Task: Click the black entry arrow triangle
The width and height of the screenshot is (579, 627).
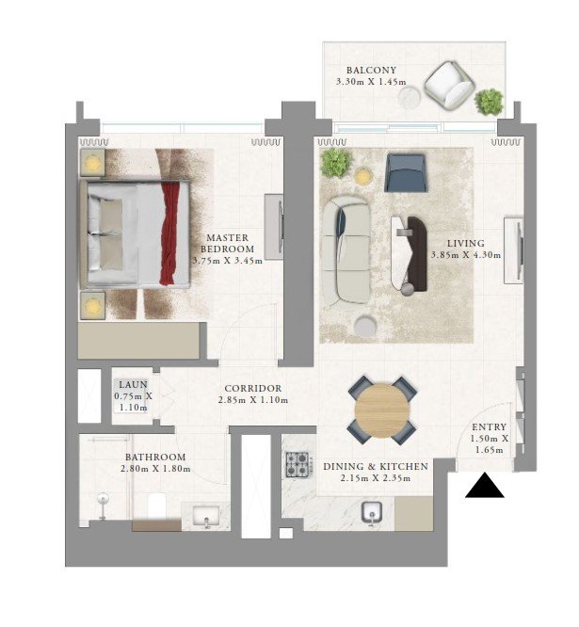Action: (x=485, y=486)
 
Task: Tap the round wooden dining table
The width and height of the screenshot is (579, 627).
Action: (x=382, y=410)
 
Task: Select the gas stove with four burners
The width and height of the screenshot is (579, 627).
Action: (x=298, y=464)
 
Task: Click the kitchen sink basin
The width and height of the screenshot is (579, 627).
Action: (x=372, y=512)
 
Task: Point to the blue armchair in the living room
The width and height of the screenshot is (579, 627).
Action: (x=407, y=172)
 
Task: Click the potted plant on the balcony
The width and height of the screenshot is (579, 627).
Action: (x=489, y=102)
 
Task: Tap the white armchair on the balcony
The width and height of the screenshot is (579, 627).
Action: (x=449, y=86)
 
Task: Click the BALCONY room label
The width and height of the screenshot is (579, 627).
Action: (x=372, y=71)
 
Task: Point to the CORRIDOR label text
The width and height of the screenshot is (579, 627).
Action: (x=253, y=388)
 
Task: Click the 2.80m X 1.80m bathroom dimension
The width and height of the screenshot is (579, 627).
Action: (x=155, y=469)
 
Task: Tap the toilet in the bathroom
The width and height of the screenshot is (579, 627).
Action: (x=156, y=506)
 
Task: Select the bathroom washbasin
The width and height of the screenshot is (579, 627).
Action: (x=206, y=516)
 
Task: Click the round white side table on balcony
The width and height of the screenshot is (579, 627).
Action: (x=410, y=97)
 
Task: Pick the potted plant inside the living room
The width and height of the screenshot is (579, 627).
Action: (x=336, y=163)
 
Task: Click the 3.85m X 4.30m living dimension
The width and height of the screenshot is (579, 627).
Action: (x=466, y=255)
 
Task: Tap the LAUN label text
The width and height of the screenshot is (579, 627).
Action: (x=133, y=385)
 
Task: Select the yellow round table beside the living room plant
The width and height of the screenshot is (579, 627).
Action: (x=362, y=176)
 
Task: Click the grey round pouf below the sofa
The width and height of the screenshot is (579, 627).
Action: (x=366, y=326)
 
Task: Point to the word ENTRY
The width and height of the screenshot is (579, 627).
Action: (x=489, y=427)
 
